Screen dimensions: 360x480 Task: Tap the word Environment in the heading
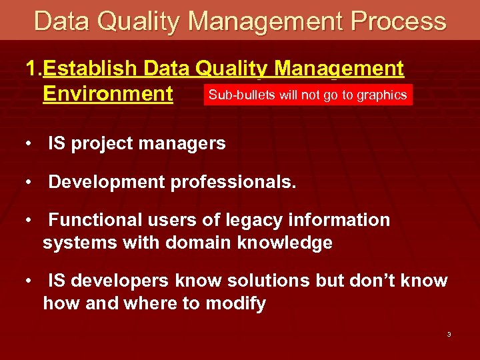(107, 93)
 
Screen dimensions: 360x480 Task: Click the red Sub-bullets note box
(307, 95)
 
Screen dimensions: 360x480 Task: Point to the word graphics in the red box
(381, 95)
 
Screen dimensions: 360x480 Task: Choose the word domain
(196, 243)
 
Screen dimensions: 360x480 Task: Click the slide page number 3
(449, 334)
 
